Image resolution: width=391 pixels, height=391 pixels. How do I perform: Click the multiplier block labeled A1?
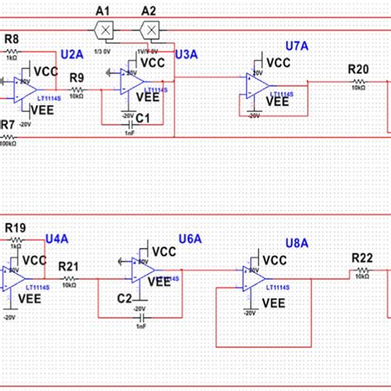[104, 30]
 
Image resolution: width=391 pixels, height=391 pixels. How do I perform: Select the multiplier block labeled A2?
[150, 30]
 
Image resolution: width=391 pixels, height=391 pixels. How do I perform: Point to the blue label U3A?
[186, 54]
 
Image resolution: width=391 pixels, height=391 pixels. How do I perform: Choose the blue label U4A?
[57, 238]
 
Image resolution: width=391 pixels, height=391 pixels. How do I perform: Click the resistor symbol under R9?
[77, 90]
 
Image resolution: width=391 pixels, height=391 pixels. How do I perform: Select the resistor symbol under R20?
[358, 82]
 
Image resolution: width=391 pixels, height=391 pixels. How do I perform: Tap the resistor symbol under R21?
[69, 279]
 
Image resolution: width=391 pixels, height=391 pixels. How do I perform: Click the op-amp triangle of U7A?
[254, 83]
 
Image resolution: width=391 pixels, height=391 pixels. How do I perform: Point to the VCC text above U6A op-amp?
[164, 252]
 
